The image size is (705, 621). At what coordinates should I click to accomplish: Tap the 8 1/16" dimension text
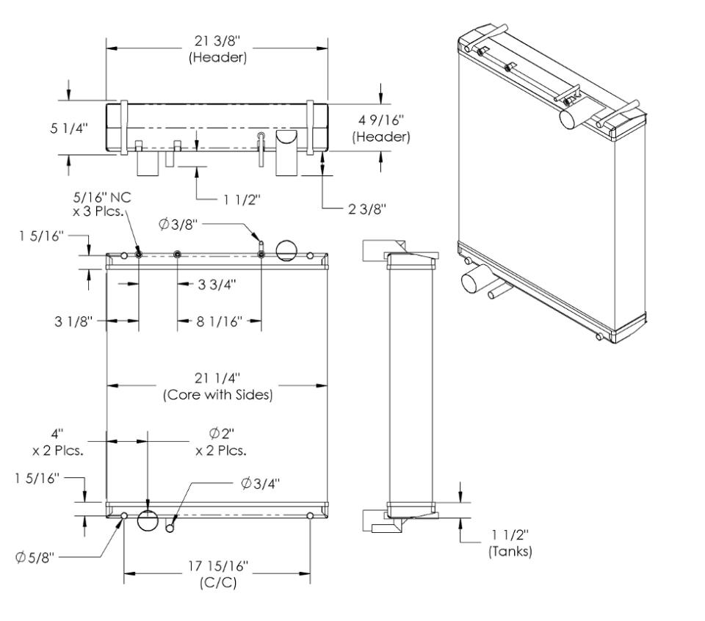click(218, 321)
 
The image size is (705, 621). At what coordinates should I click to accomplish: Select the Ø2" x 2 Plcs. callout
click(220, 441)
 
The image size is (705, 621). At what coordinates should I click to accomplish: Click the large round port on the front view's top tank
click(287, 251)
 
